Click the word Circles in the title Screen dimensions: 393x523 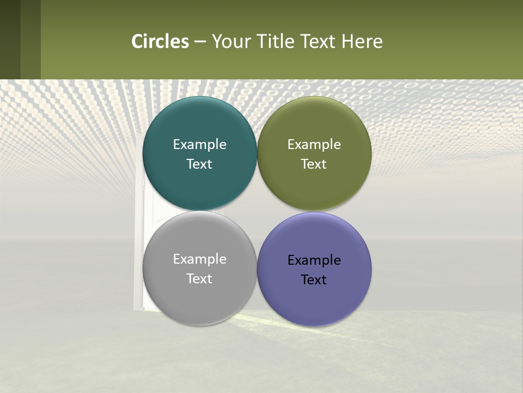[160, 41]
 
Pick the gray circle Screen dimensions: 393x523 [199, 295]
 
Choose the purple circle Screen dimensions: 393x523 [314, 297]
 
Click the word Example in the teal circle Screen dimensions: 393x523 [199, 145]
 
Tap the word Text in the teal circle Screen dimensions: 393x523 [199, 164]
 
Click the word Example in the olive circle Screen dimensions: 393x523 [314, 145]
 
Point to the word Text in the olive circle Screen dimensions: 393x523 [314, 164]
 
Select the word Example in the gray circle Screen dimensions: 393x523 [199, 259]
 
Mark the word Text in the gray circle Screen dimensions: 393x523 [199, 279]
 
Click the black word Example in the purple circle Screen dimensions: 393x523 [314, 260]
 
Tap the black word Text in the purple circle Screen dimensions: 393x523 [314, 280]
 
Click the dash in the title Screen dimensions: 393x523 [200, 42]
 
